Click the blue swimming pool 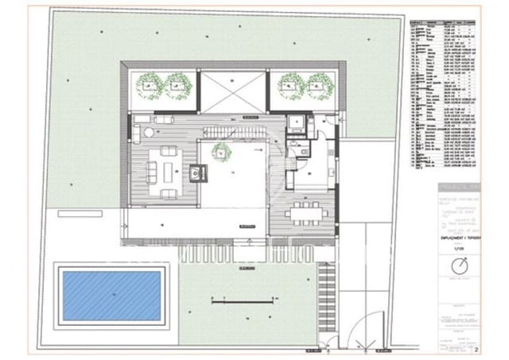pos(113,295)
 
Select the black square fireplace pos(196,170)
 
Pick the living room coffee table pos(169,168)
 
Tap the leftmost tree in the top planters pos(148,83)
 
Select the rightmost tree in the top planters pos(320,83)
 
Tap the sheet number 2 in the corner pos(476,349)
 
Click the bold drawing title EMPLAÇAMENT pos(457,236)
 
